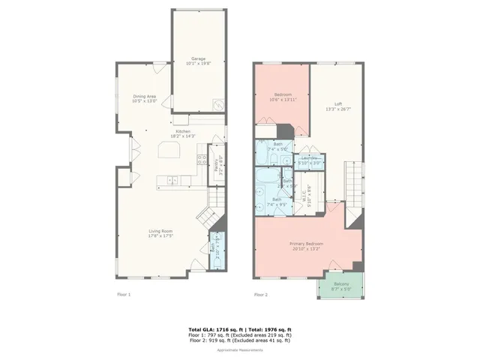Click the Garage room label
click(x=198, y=61)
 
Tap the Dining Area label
click(x=145, y=98)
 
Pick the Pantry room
click(x=217, y=164)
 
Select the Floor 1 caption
click(x=124, y=295)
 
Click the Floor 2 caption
click(x=260, y=295)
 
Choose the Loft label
click(x=338, y=106)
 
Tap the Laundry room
click(x=310, y=160)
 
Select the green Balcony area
click(x=339, y=286)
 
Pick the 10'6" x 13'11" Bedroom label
click(x=282, y=97)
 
